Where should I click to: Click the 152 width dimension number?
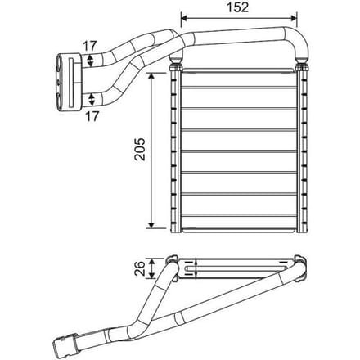[238, 7]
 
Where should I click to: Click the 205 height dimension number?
[141, 149]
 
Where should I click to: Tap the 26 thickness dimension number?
[140, 268]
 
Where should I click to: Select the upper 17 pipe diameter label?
[90, 46]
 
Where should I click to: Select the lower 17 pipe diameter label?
[92, 116]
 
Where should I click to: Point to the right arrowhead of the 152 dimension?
[294, 18]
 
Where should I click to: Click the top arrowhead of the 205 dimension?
[151, 75]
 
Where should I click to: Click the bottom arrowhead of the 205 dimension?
[151, 225]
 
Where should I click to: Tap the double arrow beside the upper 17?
[90, 61]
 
